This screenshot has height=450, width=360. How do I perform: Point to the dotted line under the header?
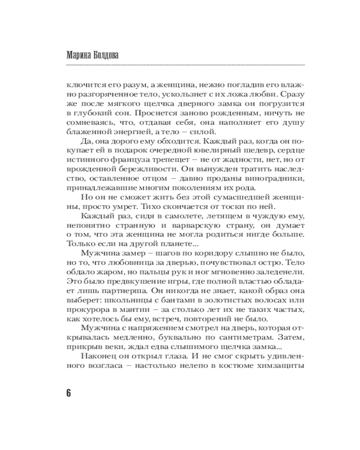click(180, 65)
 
